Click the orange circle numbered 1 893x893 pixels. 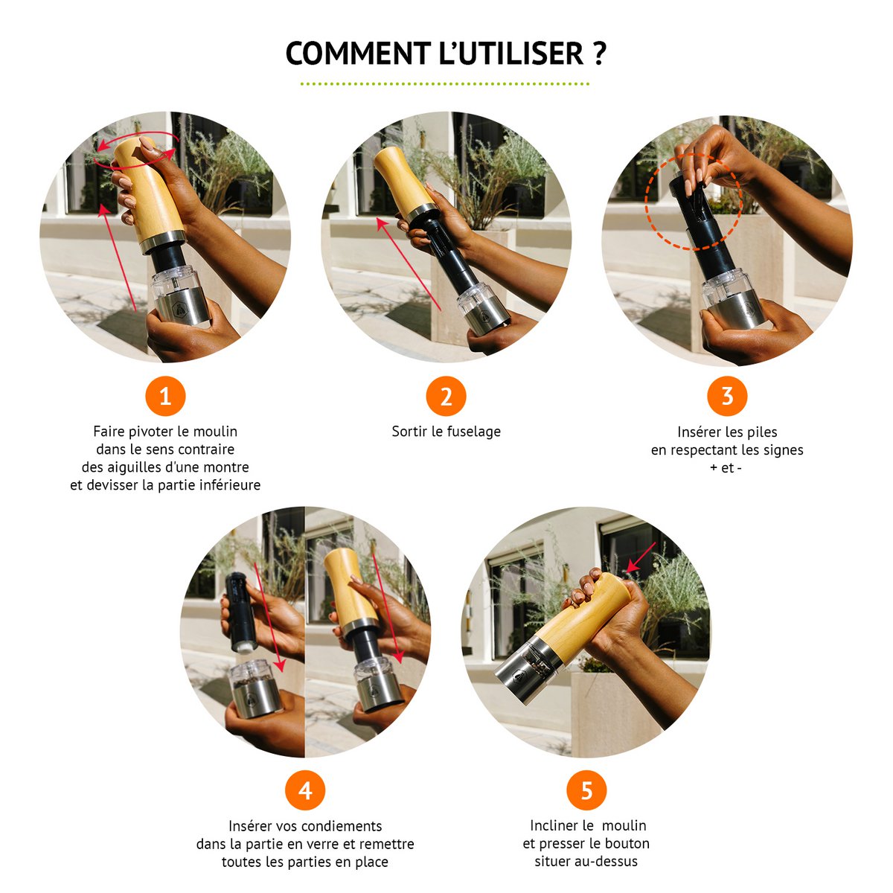point(165,396)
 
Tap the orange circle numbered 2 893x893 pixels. point(446,396)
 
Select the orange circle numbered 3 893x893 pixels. point(726,396)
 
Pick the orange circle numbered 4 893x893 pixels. point(305,790)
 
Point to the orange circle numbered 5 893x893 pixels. point(586,790)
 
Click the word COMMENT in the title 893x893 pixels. point(358,54)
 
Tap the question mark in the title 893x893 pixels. point(599,54)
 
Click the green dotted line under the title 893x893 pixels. point(445,84)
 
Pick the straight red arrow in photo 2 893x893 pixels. point(409,264)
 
